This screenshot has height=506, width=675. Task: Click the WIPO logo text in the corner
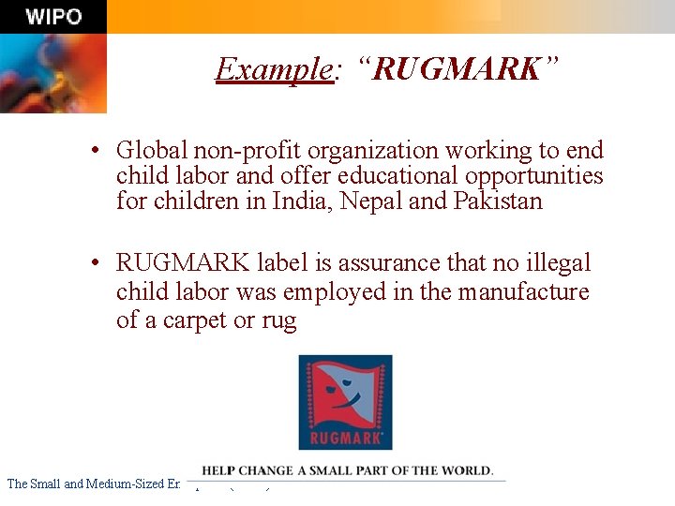(x=53, y=17)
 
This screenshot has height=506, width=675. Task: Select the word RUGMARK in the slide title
(x=457, y=68)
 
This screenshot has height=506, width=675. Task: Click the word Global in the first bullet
(x=152, y=150)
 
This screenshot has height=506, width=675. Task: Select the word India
(x=303, y=201)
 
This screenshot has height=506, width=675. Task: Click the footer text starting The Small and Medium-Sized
(x=93, y=484)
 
